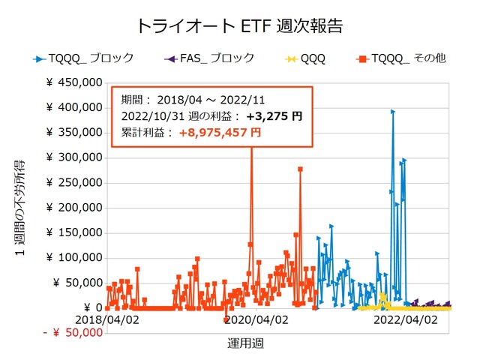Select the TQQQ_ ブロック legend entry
coord(83,57)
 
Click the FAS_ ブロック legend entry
coord(208,57)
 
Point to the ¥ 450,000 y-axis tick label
coord(73,83)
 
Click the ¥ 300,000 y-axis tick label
coord(73,158)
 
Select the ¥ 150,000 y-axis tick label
coord(73,233)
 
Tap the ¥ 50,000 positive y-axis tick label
coord(77,283)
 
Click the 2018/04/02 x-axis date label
coord(106,319)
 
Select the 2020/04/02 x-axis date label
coord(256,319)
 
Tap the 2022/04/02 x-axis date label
coord(406,319)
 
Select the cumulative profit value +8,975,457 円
coord(220,132)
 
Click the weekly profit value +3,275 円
coord(274,116)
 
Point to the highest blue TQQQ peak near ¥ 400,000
coord(392,112)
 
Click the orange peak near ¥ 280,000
coord(300,169)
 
